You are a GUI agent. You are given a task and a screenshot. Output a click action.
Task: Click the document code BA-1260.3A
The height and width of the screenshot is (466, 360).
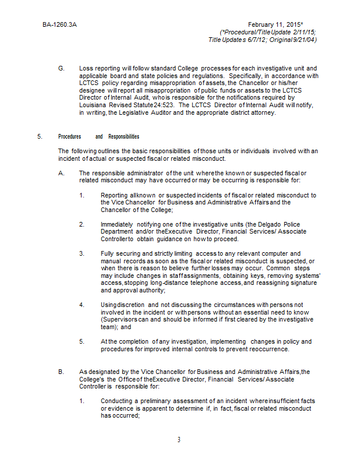[x=59, y=25]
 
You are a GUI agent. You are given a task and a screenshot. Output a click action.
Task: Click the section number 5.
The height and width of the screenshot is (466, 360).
[x=40, y=136]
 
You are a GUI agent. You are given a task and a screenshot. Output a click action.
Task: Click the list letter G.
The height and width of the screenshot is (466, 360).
[x=61, y=69]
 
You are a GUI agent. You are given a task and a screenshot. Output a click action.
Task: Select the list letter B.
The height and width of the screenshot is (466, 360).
[x=61, y=372]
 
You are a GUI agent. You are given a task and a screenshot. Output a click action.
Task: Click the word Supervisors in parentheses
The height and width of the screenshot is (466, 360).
[x=120, y=320]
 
